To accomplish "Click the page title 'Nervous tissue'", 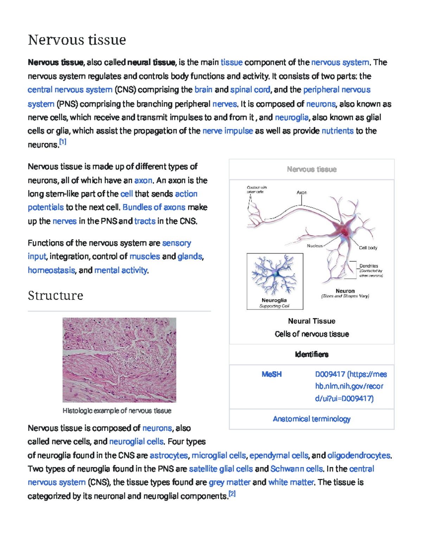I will [77, 40].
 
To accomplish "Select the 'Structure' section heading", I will [56, 295].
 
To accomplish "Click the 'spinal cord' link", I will [250, 90].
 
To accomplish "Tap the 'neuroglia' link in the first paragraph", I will [292, 117].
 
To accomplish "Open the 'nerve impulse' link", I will [228, 131].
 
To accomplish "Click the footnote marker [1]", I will [63, 142].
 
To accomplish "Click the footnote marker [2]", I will [232, 494].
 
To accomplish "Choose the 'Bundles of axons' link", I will [154, 207].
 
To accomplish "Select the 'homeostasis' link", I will [51, 270].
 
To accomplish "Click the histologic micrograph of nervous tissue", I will [119, 360].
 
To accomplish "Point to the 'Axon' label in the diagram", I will [301, 193].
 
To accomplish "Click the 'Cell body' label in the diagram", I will [368, 248].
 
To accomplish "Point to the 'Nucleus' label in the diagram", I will [314, 246].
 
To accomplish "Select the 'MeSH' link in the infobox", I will [271, 374].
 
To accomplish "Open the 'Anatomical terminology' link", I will [312, 419].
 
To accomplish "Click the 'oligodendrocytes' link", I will [359, 455].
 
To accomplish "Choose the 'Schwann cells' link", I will [296, 469].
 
